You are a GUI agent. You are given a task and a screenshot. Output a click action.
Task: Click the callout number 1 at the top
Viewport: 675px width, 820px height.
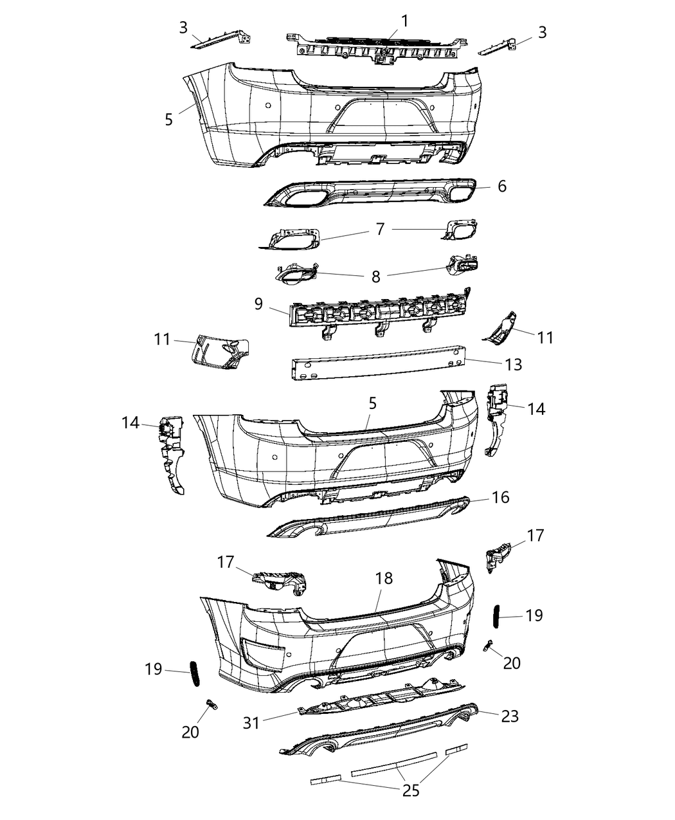click(x=405, y=21)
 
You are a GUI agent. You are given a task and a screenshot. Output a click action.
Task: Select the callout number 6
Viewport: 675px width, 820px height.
click(x=502, y=187)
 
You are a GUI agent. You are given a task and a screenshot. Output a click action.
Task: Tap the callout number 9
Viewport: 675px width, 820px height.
click(x=258, y=304)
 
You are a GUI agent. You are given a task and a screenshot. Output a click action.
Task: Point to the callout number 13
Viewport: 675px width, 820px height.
click(x=514, y=365)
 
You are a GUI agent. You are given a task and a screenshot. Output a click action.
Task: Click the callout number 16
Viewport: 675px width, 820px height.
click(x=500, y=497)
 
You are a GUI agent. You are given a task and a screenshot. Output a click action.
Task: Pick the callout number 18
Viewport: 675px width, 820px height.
click(x=384, y=578)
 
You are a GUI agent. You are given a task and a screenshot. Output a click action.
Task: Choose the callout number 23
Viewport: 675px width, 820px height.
click(x=509, y=716)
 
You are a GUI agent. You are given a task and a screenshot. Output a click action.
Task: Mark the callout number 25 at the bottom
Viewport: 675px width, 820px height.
click(x=411, y=790)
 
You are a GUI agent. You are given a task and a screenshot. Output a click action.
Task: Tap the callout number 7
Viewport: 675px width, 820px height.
click(x=380, y=230)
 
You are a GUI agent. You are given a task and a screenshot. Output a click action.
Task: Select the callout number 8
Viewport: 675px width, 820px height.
click(x=375, y=276)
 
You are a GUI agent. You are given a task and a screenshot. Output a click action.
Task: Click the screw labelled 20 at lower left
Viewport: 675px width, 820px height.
click(x=212, y=706)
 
